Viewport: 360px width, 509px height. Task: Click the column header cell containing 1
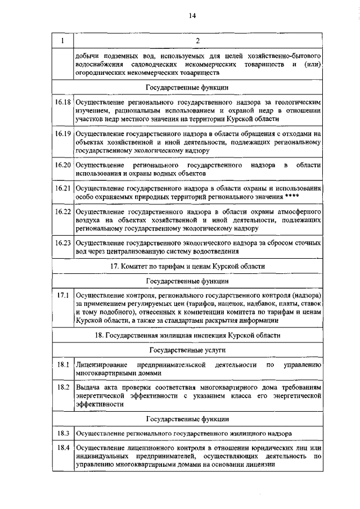pos(62,41)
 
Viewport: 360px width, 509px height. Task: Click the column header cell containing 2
pos(197,41)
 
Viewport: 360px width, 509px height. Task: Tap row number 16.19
pos(62,134)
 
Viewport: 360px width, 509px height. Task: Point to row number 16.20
pos(62,165)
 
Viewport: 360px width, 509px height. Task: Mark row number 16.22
pos(62,212)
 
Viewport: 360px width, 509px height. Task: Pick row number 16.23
pos(62,243)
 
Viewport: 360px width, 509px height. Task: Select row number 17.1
pos(62,295)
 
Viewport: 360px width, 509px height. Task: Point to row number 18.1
pos(62,366)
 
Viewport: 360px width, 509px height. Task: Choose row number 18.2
pos(62,388)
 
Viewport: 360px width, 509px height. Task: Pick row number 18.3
pos(62,434)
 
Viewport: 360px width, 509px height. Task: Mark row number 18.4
pos(62,449)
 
